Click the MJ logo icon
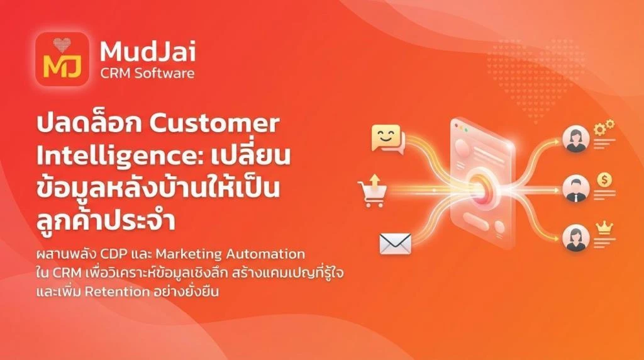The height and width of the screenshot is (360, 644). click(62, 59)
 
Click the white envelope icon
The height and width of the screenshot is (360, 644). click(395, 243)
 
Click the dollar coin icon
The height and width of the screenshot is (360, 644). click(605, 179)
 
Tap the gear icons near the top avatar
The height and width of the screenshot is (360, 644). click(605, 128)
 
